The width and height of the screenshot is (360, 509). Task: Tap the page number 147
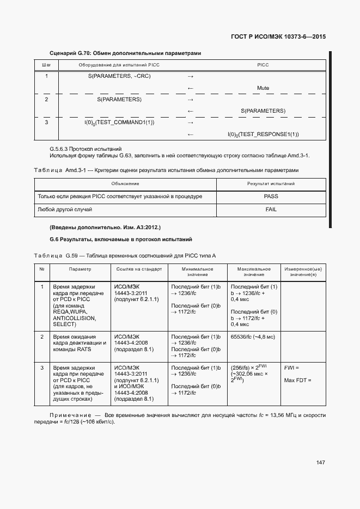click(x=321, y=462)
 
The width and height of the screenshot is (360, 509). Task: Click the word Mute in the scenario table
click(x=263, y=88)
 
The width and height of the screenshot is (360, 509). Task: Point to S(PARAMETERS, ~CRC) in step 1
click(x=119, y=76)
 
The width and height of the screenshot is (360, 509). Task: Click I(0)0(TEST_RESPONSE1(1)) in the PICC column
click(x=263, y=134)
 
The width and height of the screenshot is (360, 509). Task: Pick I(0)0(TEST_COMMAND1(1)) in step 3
click(x=119, y=122)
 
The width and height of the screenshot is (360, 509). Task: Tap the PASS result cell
click(x=271, y=197)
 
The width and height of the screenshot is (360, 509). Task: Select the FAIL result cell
click(x=271, y=209)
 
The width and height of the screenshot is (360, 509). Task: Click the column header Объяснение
click(x=125, y=184)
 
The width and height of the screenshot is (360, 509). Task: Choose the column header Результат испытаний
click(x=271, y=184)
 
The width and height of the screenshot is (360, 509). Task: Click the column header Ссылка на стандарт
click(x=139, y=269)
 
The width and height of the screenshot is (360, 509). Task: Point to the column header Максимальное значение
click(x=253, y=272)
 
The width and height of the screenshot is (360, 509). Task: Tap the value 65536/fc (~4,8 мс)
click(x=253, y=337)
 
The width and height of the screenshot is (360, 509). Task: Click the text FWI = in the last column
click(x=292, y=368)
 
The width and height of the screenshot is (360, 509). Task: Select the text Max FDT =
click(x=297, y=380)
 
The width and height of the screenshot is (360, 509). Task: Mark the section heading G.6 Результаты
click(x=120, y=240)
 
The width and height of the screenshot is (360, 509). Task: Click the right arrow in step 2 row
click(x=191, y=100)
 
